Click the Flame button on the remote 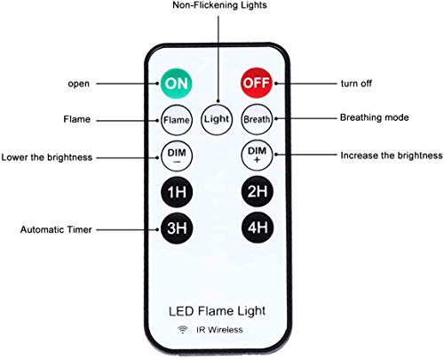click(175, 118)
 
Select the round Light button click(216, 118)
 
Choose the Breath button click(258, 118)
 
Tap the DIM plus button click(258, 156)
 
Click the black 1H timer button click(175, 192)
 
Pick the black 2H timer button click(258, 192)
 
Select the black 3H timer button click(175, 228)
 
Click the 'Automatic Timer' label click(52, 229)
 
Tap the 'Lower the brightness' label click(47, 156)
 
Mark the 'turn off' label click(356, 84)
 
